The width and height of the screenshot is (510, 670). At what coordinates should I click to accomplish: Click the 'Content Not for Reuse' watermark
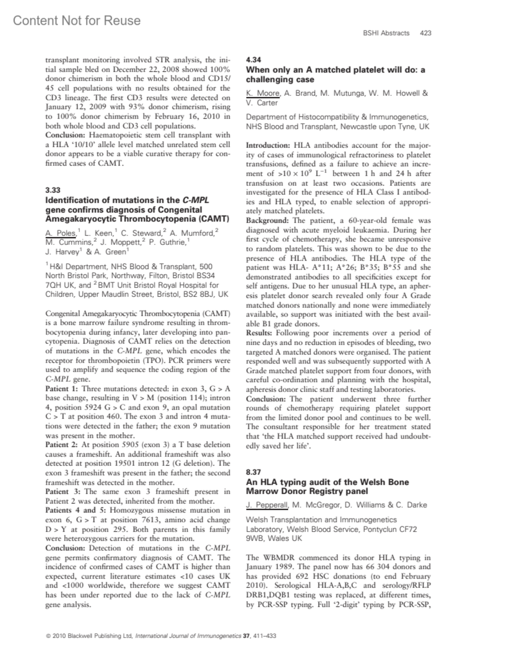[76, 20]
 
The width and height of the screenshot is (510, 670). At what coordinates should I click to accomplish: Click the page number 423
[425, 33]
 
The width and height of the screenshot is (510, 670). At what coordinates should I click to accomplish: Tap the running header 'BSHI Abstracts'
[386, 33]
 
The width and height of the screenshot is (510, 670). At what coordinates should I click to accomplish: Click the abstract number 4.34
[253, 60]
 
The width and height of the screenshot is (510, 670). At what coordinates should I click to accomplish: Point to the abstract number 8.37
[253, 472]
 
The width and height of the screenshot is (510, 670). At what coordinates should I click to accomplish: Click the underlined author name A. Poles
[60, 233]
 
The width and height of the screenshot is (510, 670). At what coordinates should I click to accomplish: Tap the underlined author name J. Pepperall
[267, 505]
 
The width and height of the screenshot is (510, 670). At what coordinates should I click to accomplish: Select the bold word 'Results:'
[259, 333]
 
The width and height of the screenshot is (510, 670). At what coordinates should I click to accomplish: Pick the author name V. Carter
[262, 103]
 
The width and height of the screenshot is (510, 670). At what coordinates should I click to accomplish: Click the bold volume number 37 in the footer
[246, 636]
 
